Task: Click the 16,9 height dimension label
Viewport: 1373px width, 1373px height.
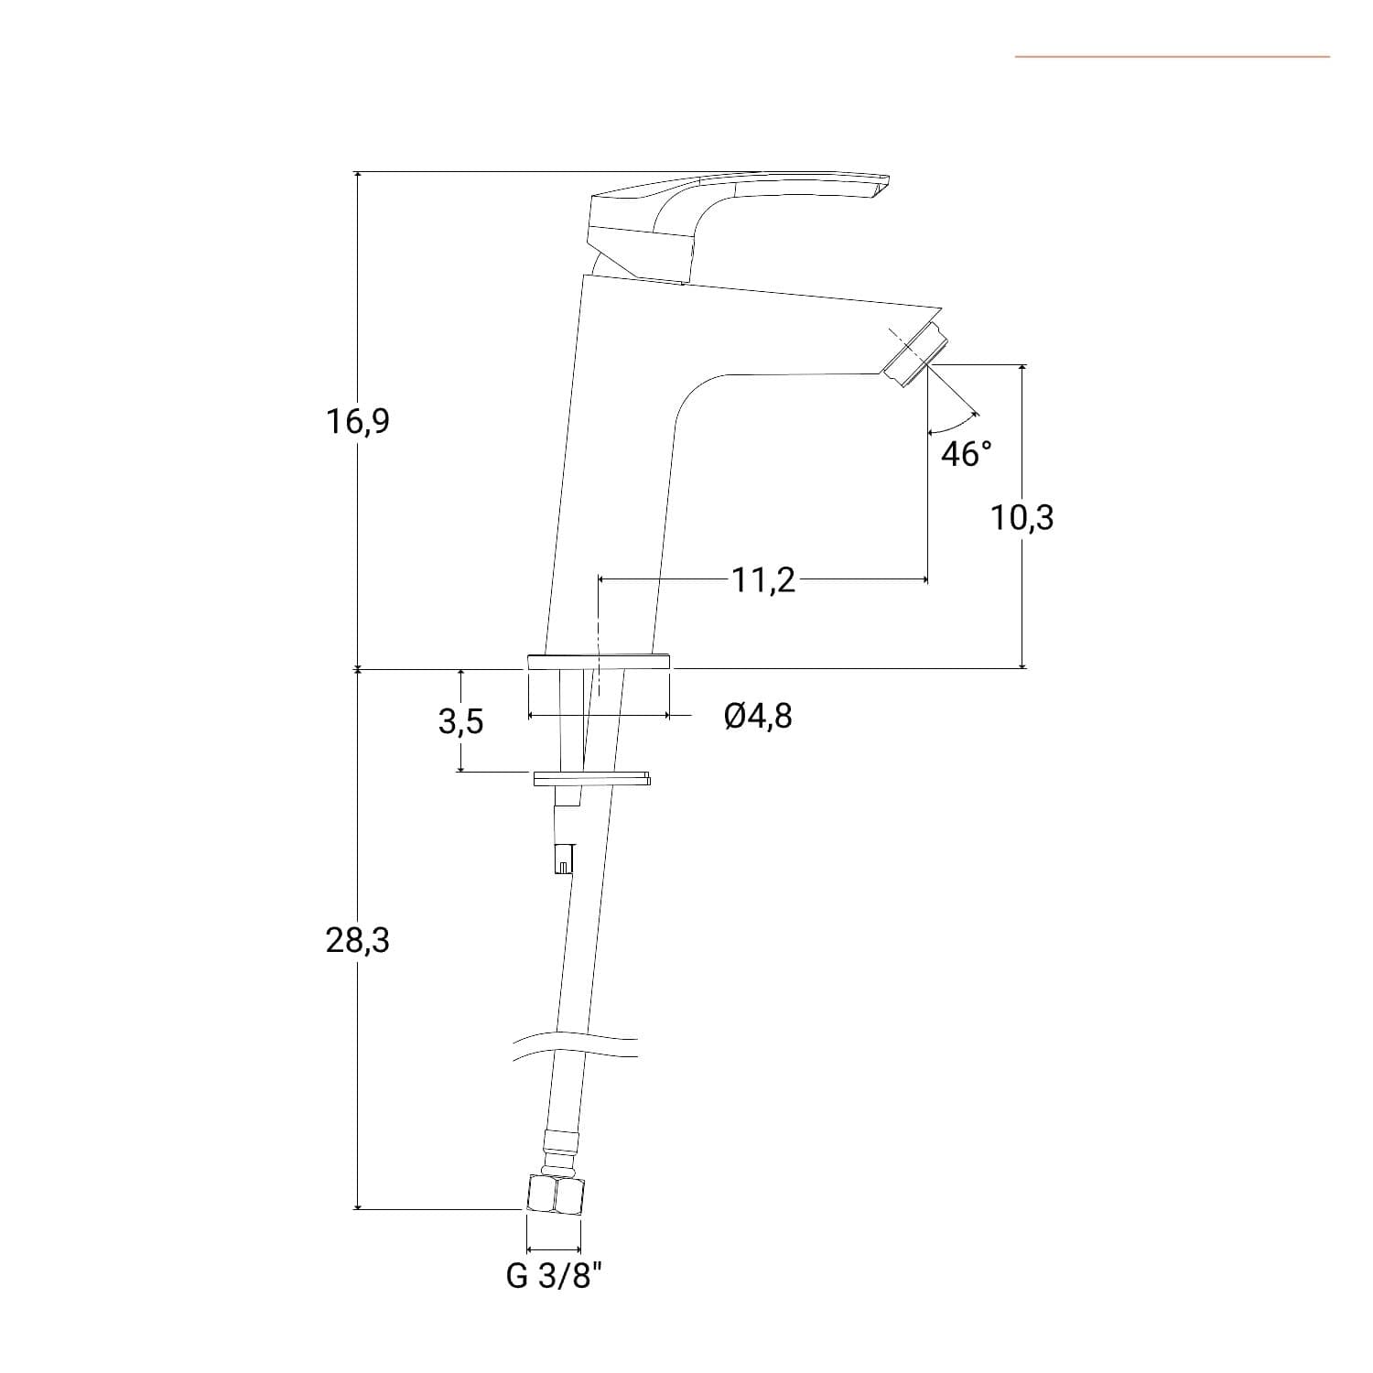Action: tap(357, 422)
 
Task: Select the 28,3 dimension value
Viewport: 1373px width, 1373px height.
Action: tap(357, 940)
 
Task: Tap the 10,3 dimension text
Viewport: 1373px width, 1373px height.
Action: tap(1022, 518)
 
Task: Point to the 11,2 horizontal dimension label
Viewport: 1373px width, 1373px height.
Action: tap(763, 580)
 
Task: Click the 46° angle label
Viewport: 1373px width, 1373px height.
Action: tap(967, 454)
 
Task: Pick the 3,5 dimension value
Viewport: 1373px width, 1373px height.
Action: tap(460, 722)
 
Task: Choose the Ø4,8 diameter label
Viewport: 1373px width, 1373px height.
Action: tap(758, 716)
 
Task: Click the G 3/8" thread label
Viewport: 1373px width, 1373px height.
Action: tap(555, 1276)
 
